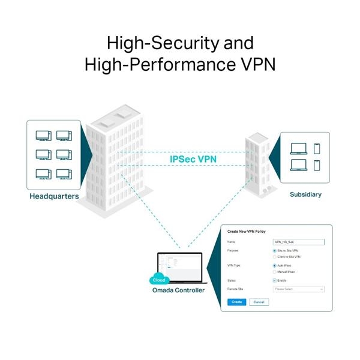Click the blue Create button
coord(236,302)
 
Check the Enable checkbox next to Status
coord(275,280)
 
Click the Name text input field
coord(298,241)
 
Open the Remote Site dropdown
coord(298,289)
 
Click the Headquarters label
coord(54,196)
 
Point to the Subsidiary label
coord(305,194)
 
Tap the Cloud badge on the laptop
coord(159,280)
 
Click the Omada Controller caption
coord(178,290)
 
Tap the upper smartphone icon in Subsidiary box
coord(317,148)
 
